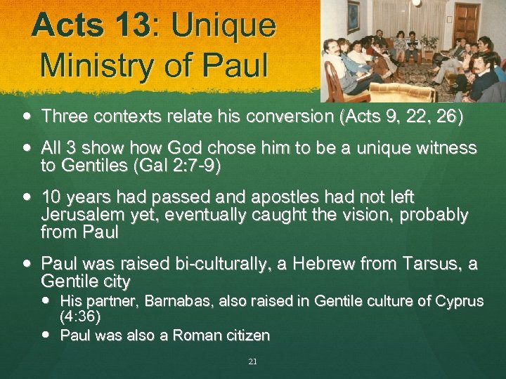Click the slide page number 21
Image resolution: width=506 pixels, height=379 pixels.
coord(252,362)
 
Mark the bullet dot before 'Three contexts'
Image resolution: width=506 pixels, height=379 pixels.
coord(26,117)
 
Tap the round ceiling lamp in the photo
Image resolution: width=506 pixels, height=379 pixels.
coord(416,3)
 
